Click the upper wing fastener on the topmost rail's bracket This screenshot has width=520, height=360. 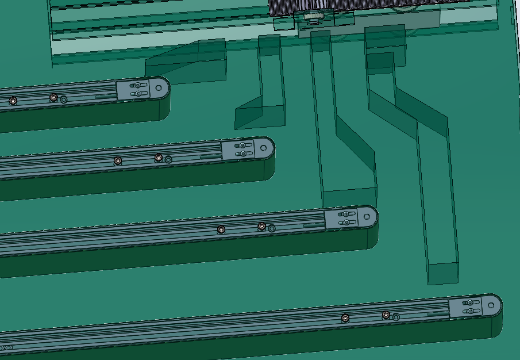pos(137,86)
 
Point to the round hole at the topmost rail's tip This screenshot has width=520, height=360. pos(160,88)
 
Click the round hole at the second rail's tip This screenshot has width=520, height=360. pos(264,148)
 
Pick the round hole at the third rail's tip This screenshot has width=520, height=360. pos(368,217)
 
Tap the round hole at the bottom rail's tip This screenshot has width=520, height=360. pos(492,305)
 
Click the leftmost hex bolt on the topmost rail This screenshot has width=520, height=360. pos(13,101)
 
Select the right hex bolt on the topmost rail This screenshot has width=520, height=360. pos(53,97)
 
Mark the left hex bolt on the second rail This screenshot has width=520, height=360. pos(118,160)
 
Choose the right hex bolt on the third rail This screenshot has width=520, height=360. pos(262,226)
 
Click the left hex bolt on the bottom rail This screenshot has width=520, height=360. pos(345,317)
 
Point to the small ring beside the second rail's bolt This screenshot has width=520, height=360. pos(168,160)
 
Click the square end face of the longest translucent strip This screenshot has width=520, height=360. pos(444,274)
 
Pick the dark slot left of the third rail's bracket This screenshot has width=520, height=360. pos(313,225)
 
